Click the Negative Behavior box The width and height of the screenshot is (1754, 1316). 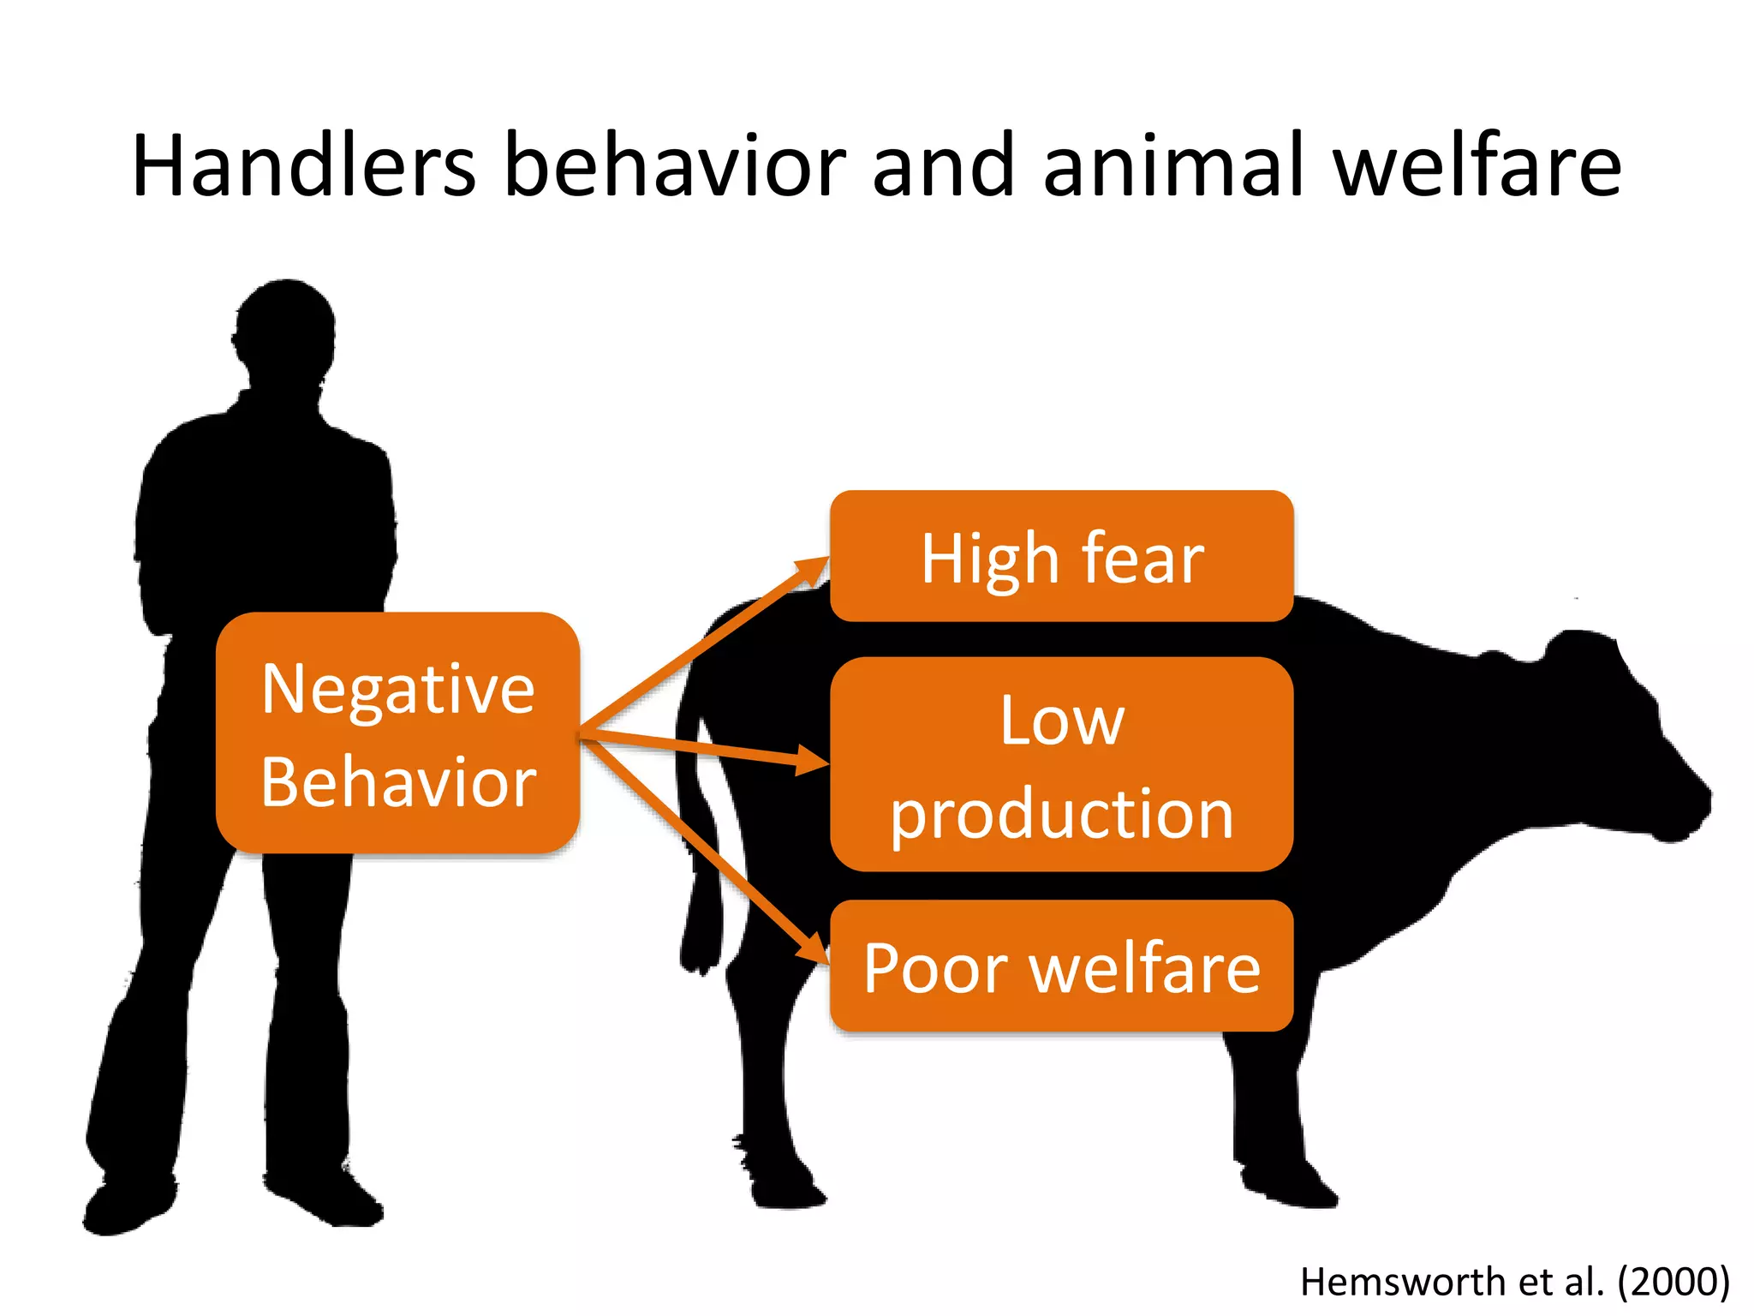click(x=398, y=733)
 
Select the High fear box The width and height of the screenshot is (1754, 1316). click(x=1061, y=557)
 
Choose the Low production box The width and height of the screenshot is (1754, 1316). click(x=1061, y=765)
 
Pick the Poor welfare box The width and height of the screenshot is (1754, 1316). click(x=1061, y=966)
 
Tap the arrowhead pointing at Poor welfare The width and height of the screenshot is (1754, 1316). click(x=813, y=947)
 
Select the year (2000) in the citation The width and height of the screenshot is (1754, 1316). click(x=1673, y=1283)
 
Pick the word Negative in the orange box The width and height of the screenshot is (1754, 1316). click(x=398, y=689)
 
